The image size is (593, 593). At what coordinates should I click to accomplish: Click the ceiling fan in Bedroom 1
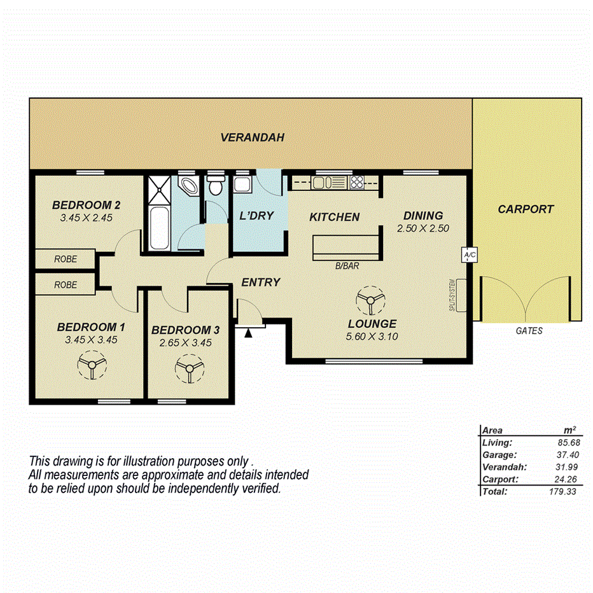[x=90, y=366]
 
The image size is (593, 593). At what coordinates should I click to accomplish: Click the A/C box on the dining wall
[x=470, y=255]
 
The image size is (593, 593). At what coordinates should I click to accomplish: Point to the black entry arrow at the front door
[x=249, y=331]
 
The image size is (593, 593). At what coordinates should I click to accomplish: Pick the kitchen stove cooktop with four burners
[x=357, y=183]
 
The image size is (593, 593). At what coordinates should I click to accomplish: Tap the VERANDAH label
[x=252, y=137]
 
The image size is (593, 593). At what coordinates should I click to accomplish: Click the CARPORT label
[x=526, y=209]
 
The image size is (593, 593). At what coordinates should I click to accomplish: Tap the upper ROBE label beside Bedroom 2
[x=66, y=259]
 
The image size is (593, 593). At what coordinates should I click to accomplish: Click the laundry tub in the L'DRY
[x=242, y=186]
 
